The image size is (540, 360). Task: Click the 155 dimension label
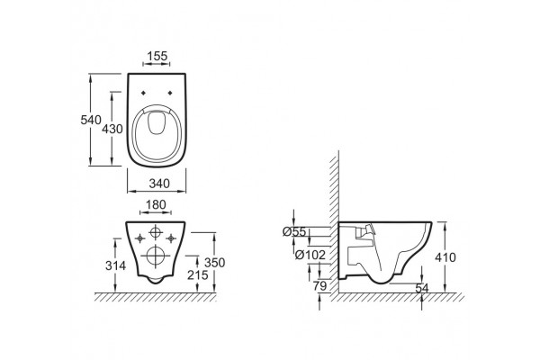coord(157,56)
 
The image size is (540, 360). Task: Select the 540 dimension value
coord(91,120)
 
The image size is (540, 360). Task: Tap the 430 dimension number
coord(112,129)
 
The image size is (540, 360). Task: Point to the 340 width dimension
coord(159,184)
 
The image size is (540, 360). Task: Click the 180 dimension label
coord(156,205)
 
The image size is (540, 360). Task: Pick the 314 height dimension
coord(115,265)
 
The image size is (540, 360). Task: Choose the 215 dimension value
coord(198,274)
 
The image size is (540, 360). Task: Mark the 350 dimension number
coord(214,263)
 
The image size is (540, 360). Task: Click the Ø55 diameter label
coord(294,232)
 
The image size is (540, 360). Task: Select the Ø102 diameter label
coord(310,255)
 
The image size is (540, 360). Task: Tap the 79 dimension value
coord(319,285)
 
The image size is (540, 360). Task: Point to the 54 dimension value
coord(422,288)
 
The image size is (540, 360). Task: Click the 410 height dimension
coord(445,257)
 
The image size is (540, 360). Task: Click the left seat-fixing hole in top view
coord(143,93)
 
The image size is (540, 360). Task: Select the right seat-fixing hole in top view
coord(170,93)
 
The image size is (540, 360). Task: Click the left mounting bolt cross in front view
coord(139,238)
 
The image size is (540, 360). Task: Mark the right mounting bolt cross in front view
coord(171,238)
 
